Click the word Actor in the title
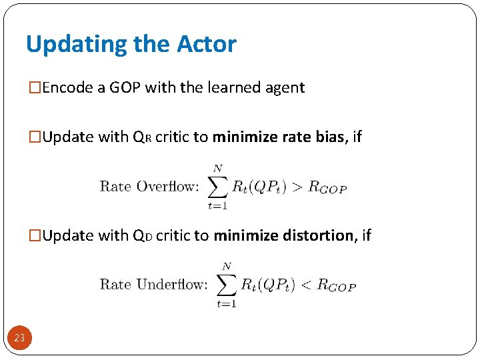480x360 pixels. [x=207, y=45]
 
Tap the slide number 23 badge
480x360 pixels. [x=19, y=338]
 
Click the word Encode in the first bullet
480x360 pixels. [x=69, y=87]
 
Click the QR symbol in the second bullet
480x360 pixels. [x=142, y=137]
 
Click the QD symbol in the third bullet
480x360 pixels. [x=142, y=236]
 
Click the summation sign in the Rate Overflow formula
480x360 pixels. [x=217, y=187]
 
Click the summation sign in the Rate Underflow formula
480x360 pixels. [x=227, y=285]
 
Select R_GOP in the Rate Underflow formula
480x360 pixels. [x=337, y=286]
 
